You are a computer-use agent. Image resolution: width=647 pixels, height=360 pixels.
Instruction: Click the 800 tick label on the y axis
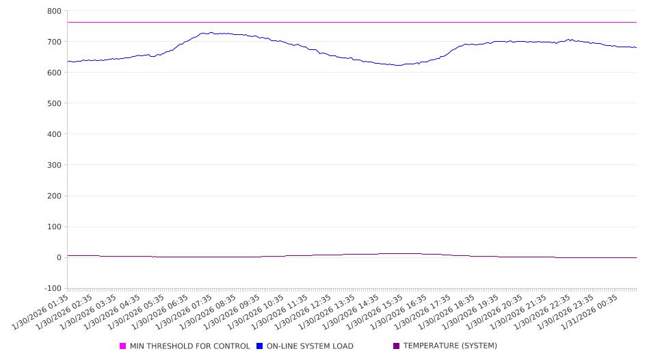tap(54, 11)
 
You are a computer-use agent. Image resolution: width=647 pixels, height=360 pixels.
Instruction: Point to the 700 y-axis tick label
tap(54, 42)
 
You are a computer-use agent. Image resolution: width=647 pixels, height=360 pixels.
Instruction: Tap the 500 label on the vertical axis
tap(54, 103)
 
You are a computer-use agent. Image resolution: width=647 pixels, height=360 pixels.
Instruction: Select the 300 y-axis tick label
tap(54, 165)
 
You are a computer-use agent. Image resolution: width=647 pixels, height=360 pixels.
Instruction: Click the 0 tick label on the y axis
tap(59, 257)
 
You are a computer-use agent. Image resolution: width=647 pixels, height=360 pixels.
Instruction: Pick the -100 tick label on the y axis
tap(51, 288)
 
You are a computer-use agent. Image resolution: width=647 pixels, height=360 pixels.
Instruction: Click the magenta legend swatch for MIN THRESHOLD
tap(123, 346)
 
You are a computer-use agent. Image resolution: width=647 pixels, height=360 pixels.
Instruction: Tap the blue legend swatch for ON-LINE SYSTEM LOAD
tap(260, 346)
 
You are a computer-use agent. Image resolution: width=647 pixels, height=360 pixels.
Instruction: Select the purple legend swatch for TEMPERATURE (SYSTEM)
tap(397, 346)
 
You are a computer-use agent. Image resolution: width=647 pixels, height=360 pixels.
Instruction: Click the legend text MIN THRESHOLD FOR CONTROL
tap(190, 346)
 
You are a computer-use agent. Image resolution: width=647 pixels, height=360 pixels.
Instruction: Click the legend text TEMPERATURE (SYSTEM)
tap(450, 346)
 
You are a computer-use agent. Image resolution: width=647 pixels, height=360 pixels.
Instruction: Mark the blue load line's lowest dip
tap(397, 65)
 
